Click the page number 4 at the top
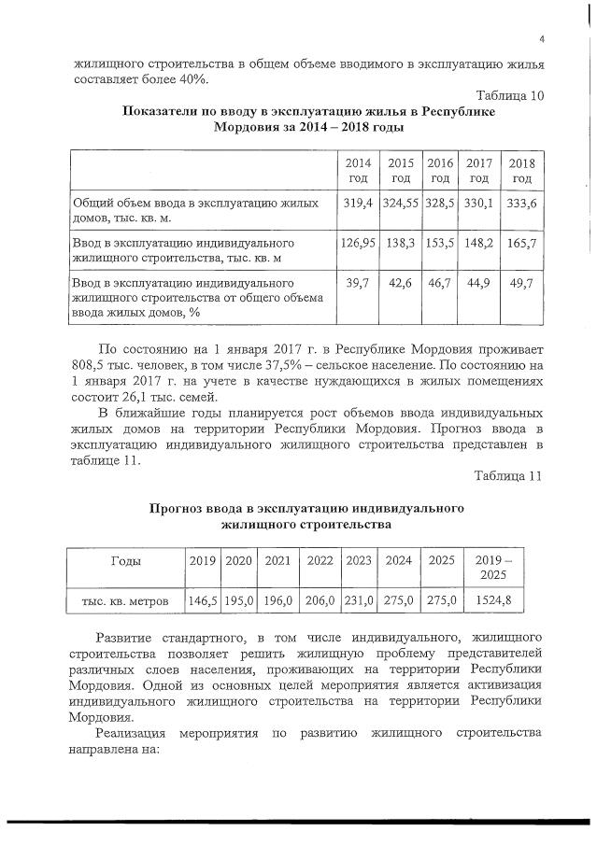(541, 38)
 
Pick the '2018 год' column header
(522, 170)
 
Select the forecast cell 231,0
(359, 602)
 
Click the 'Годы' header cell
(125, 562)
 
